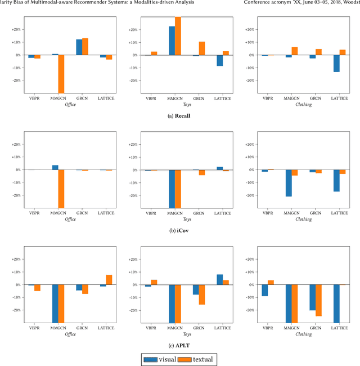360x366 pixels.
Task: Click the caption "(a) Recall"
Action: (180, 116)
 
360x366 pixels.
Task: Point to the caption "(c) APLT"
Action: (180, 345)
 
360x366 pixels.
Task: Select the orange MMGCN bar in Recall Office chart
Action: (60, 74)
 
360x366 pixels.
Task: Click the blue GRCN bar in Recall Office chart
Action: (79, 47)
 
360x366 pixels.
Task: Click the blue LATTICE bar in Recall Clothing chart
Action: (336, 64)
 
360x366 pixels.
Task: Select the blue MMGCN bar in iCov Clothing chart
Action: (288, 183)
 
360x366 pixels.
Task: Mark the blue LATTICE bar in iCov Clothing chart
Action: (336, 181)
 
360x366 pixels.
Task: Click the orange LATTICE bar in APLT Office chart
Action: (109, 280)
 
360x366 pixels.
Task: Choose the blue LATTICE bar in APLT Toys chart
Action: (219, 279)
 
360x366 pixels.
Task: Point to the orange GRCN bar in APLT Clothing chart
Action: (318, 300)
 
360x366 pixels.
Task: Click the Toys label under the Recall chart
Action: (187, 105)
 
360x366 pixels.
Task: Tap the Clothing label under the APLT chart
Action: (303, 334)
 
